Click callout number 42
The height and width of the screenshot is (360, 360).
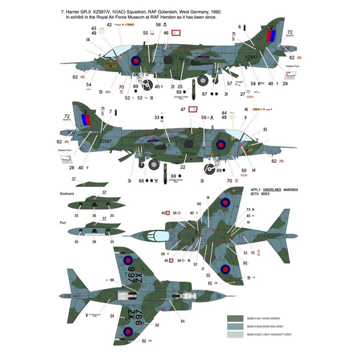click(98, 24)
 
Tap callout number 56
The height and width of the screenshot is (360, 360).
click(158, 24)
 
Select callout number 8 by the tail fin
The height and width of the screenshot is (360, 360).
click(240, 27)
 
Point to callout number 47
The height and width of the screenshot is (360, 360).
click(183, 109)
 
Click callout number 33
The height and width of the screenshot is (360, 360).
click(157, 117)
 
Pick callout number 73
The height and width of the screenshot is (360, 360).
click(248, 209)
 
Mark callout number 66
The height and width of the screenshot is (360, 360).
click(112, 280)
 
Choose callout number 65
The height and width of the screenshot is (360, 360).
click(183, 321)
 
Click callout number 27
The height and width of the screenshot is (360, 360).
click(242, 94)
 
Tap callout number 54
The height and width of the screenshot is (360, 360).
click(88, 84)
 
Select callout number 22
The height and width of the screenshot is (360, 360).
click(183, 167)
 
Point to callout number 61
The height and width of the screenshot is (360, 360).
click(249, 277)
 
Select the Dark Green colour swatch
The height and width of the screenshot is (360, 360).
click(235, 318)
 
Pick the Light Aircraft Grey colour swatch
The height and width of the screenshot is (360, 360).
click(235, 334)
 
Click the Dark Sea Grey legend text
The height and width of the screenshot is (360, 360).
click(264, 326)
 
